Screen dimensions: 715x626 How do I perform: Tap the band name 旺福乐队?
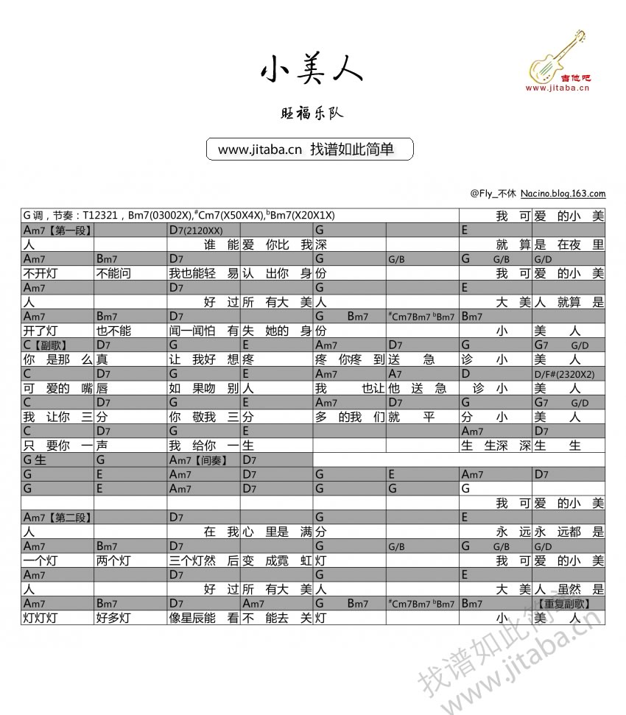(312, 113)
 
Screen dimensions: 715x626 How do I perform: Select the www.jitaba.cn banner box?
(310, 149)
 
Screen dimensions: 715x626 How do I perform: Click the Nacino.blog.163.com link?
(563, 194)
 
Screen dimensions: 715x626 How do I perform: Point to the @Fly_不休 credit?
(493, 194)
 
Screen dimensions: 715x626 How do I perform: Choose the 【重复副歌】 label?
(569, 604)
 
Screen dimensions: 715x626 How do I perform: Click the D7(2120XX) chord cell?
(195, 230)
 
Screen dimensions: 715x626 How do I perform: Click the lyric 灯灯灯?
(40, 618)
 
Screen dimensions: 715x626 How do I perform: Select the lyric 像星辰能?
(193, 618)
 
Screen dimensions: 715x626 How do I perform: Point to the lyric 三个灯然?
(193, 560)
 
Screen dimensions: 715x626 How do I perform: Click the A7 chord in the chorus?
(395, 374)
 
